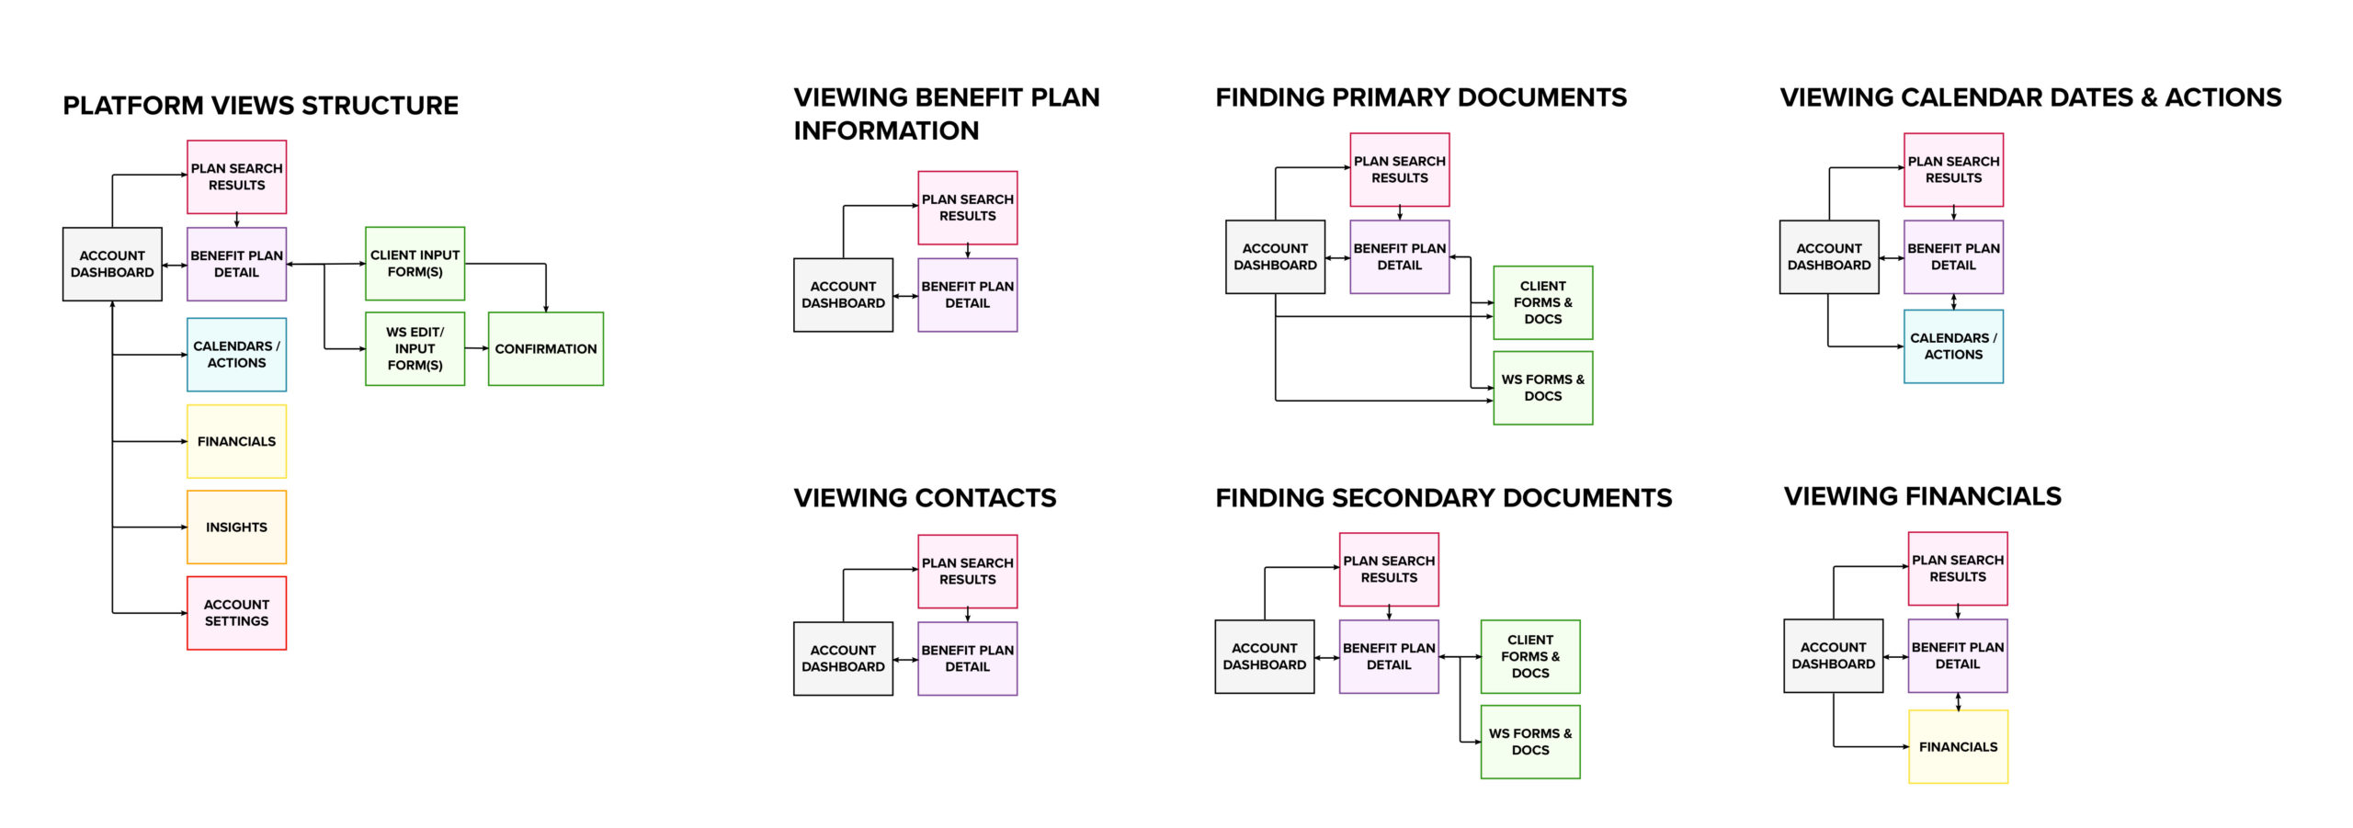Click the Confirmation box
[545, 348]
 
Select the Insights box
[236, 527]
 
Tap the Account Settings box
[236, 613]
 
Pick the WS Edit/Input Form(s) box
[415, 348]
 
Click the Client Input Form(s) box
[415, 263]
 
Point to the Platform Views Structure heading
[260, 106]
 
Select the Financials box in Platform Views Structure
[236, 441]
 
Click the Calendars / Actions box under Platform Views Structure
[236, 354]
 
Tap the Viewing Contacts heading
[925, 498]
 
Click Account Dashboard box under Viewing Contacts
[843, 658]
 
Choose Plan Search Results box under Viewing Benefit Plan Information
[967, 208]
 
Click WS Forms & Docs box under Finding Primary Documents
[1542, 387]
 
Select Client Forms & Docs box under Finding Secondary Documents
[1529, 656]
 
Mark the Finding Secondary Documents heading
[1443, 498]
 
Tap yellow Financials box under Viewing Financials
[1958, 746]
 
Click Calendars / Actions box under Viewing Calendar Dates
[1953, 346]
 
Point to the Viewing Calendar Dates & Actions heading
[2030, 97]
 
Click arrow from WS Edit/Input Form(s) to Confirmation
[476, 348]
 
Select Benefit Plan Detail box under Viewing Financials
[1958, 655]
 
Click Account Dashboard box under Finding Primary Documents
[1275, 256]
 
